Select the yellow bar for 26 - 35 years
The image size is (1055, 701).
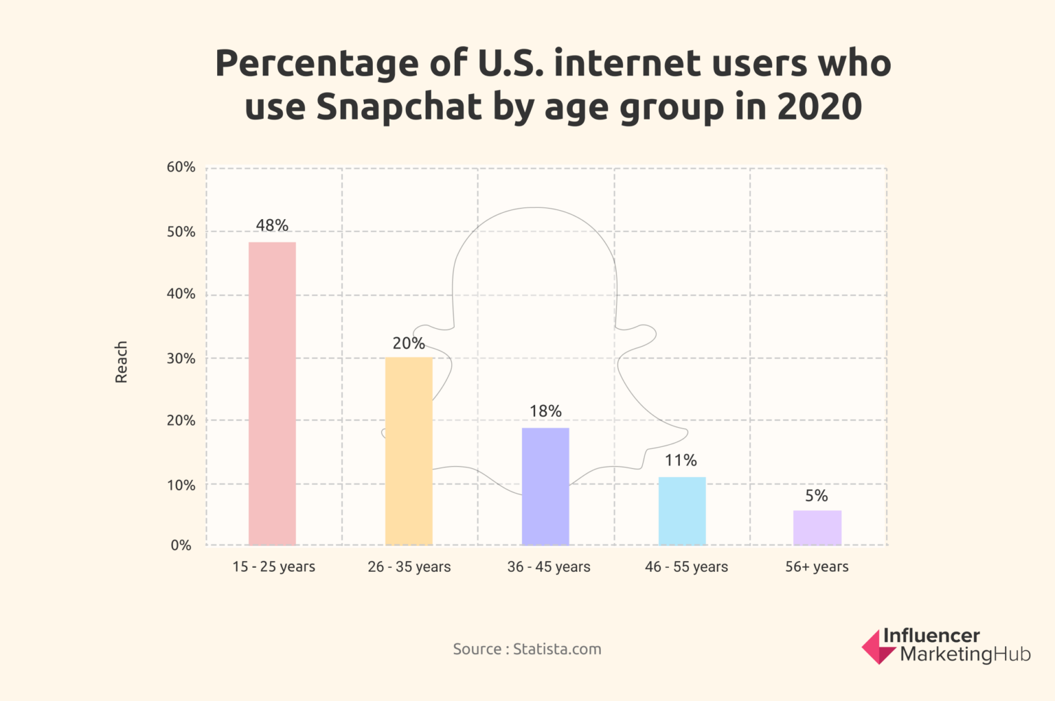[409, 451]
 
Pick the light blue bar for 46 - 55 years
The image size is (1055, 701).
[682, 511]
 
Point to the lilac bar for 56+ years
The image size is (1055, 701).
[817, 527]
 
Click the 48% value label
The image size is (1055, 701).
[272, 225]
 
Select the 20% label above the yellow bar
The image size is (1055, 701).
[409, 343]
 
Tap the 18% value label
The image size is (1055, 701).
[545, 411]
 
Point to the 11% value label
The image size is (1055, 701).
[681, 460]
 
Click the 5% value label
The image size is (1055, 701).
[817, 496]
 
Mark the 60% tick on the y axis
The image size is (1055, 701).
[181, 167]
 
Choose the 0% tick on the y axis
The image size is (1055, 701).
[181, 545]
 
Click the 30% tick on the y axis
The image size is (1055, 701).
[181, 358]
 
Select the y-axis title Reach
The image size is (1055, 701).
[122, 362]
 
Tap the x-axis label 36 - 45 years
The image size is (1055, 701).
[549, 566]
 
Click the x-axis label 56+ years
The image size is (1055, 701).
[817, 566]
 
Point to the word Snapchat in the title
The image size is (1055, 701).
[399, 107]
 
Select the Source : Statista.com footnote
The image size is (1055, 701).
[527, 649]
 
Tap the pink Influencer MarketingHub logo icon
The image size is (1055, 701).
[878, 647]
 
